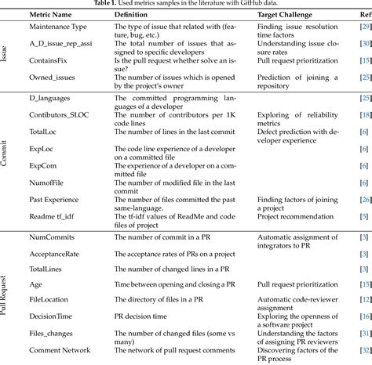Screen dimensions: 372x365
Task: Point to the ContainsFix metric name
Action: point(51,60)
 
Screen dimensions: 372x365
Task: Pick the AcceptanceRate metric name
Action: point(57,253)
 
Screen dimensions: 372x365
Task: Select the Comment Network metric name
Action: point(62,349)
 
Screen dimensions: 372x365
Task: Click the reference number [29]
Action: point(364,28)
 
